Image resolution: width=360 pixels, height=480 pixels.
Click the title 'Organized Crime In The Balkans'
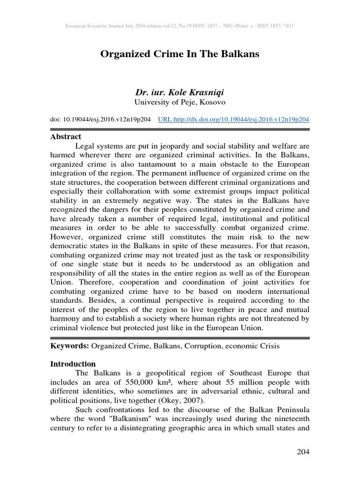coord(180,54)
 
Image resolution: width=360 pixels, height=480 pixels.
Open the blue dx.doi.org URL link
coord(233,120)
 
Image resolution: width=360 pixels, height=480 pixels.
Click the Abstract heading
coord(65,137)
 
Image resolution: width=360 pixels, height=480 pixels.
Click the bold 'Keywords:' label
coord(69,346)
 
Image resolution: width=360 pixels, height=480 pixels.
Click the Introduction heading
coord(73,364)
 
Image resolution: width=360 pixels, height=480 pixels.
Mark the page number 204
coord(303,452)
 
